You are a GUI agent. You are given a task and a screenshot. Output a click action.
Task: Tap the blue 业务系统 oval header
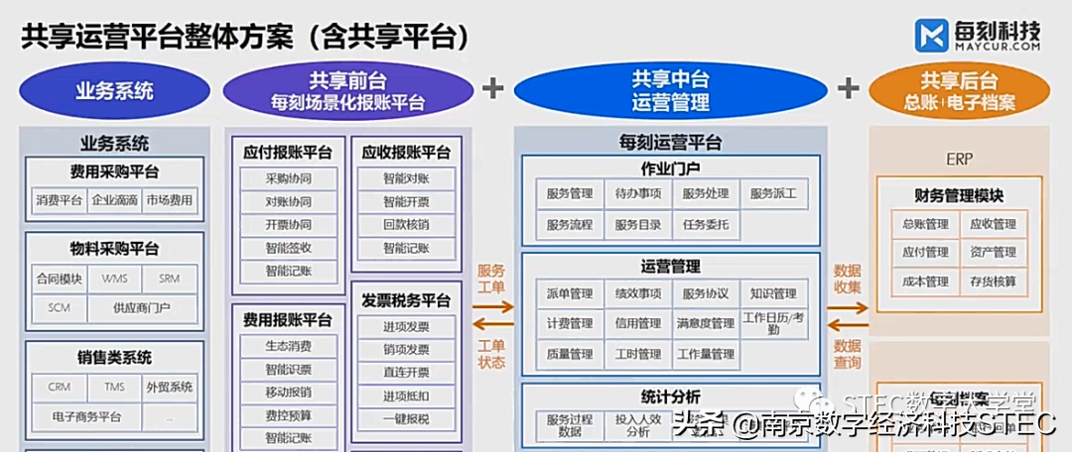[x=115, y=91]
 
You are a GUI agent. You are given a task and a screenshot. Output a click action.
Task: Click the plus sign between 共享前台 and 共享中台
[x=493, y=88]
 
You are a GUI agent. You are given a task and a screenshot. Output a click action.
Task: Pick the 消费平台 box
[x=60, y=200]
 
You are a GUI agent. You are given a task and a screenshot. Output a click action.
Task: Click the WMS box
[x=114, y=279]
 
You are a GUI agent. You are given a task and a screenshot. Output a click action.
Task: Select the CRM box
[x=60, y=387]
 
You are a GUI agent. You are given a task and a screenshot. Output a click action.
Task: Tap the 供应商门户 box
[x=142, y=307]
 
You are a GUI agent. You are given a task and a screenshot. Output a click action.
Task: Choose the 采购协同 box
[x=288, y=179]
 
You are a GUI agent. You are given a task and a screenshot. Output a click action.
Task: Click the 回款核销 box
[x=405, y=225]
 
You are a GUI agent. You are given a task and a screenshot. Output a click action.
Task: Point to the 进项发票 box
[x=405, y=327]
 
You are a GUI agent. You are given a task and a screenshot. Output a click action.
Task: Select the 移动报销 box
[x=288, y=392]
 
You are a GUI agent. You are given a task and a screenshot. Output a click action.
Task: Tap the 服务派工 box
[x=773, y=193]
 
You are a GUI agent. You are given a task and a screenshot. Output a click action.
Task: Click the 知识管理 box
[x=773, y=293]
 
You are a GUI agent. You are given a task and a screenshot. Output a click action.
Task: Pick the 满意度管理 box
[x=706, y=323]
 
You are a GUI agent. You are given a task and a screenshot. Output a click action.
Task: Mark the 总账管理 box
[x=924, y=224]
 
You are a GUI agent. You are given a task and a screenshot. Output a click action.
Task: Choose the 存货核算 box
[x=993, y=282]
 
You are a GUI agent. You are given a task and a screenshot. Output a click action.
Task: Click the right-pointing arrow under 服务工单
[x=492, y=306]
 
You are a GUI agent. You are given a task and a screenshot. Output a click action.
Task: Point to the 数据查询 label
[x=847, y=354]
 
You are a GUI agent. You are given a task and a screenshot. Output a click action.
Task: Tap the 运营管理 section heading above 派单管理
[x=670, y=266]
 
